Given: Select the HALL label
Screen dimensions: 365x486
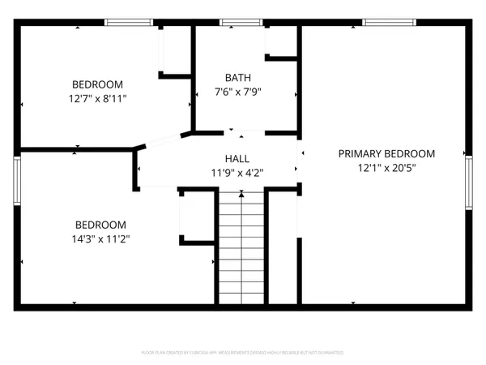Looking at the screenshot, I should pos(237,159).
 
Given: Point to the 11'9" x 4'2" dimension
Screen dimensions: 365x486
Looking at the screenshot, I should pos(237,173).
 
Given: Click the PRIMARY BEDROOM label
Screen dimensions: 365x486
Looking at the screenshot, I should pos(386,153).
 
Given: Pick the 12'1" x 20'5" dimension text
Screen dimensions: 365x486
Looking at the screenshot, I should pos(386,168).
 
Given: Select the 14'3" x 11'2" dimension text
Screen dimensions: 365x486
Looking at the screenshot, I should pos(100,238).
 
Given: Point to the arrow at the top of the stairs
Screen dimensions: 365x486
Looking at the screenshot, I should pos(241,193).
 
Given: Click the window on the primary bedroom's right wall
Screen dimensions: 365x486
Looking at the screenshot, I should pos(467,185).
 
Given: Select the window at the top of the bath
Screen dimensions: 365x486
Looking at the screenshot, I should pos(236,23).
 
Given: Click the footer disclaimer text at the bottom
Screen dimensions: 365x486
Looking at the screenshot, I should pos(243,353).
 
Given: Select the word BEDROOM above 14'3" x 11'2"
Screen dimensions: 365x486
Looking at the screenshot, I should pos(100,225).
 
